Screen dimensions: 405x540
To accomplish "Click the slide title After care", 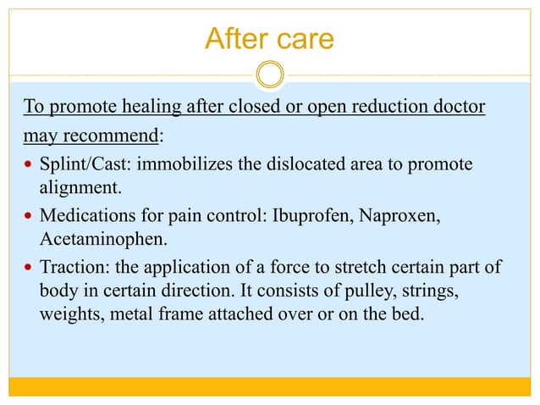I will pos(269,39).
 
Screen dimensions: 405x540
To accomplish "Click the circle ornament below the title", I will pos(270,75).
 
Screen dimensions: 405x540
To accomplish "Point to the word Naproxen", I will pos(394,218).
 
